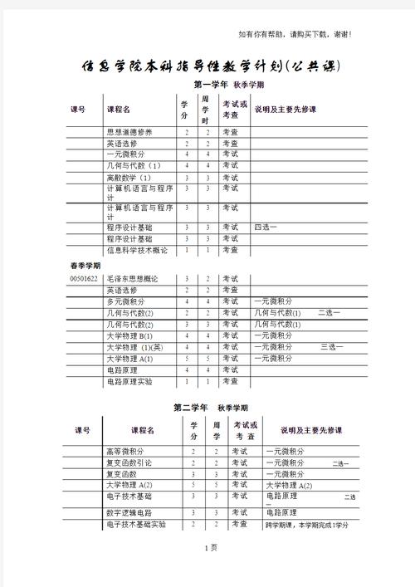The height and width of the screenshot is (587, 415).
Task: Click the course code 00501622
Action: (85, 278)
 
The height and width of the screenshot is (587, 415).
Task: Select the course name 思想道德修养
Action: (129, 132)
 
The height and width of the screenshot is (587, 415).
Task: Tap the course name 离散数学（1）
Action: (129, 178)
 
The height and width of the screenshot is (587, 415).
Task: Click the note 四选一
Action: (266, 227)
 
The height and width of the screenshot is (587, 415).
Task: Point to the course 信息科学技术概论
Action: (137, 250)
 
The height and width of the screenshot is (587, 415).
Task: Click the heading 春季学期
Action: (85, 265)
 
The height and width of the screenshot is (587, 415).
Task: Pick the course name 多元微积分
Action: (125, 301)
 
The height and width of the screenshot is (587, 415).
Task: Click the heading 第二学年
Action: (190, 408)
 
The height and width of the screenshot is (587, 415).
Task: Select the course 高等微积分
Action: (125, 451)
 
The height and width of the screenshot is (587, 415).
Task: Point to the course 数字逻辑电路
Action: (129, 512)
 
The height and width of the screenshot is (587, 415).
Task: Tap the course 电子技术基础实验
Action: (136, 525)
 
